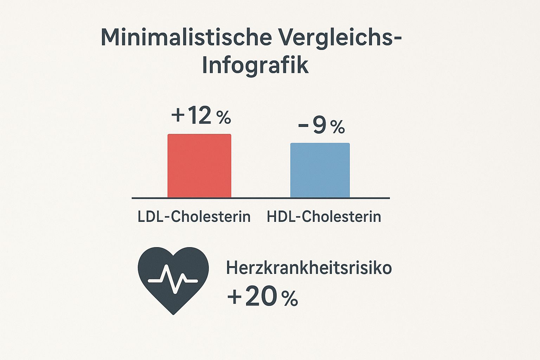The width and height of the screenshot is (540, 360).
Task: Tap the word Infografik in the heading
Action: coord(256,65)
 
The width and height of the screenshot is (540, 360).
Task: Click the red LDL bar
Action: coord(199,166)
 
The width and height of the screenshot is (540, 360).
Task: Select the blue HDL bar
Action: coord(320,170)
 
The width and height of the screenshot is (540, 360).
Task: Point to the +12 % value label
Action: coord(201,116)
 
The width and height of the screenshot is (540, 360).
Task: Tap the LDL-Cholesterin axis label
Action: coord(194,217)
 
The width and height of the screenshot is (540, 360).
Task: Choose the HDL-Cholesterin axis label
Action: coord(324,217)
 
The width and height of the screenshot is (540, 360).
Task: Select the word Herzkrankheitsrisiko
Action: coord(309,268)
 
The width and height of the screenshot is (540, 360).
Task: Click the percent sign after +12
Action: coord(224,118)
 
